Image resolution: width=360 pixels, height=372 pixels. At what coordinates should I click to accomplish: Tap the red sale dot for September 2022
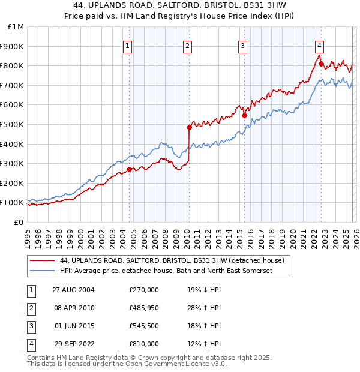point(321,64)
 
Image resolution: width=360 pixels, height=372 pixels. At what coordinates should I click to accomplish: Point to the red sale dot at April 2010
point(189,127)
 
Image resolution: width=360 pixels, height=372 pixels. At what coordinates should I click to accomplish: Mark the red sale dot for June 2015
point(244,115)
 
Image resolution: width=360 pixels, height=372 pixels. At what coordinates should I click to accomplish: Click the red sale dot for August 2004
point(129,169)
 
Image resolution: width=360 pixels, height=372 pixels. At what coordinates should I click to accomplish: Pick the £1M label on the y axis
point(16,26)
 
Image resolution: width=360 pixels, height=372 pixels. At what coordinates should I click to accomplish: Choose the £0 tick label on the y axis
point(19,222)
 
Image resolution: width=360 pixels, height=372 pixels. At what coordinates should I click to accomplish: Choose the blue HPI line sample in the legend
point(43,271)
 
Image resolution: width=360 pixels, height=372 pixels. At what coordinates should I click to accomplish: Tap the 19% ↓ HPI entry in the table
point(204,290)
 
